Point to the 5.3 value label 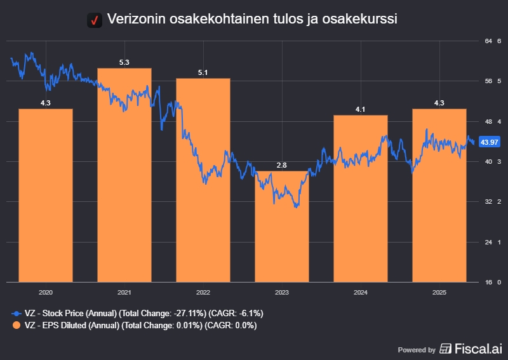pyautogui.click(x=124, y=62)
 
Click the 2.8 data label pyautogui.click(x=282, y=165)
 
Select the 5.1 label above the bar pyautogui.click(x=203, y=72)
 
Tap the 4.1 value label pyautogui.click(x=361, y=109)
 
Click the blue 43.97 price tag pyautogui.click(x=489, y=142)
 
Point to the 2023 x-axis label pyautogui.click(x=282, y=292)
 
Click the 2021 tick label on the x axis pyautogui.click(x=124, y=292)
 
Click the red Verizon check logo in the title pyautogui.click(x=94, y=20)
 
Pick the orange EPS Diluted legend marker pyautogui.click(x=16, y=325)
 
